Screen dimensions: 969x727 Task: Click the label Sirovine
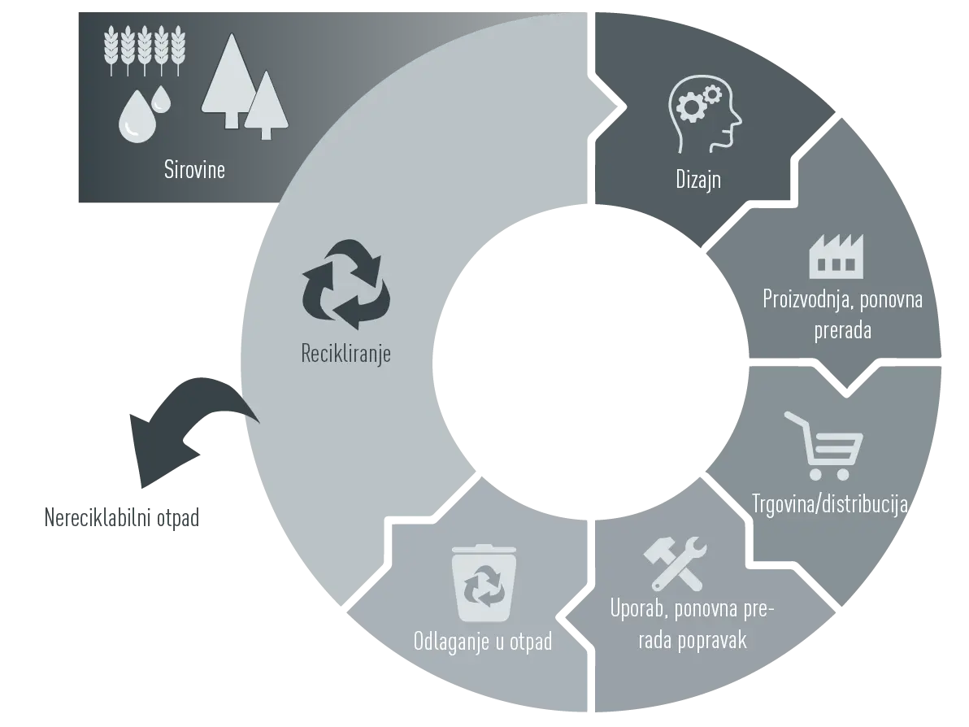(x=194, y=169)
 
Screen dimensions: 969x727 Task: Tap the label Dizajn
(x=698, y=179)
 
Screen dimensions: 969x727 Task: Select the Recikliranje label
(x=345, y=354)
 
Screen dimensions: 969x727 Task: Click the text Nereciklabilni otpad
(x=122, y=517)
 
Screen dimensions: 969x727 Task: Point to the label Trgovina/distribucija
(x=829, y=504)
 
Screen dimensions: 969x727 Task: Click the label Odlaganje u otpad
(x=483, y=641)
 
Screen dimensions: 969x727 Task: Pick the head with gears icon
(x=705, y=115)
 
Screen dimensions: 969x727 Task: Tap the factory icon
(x=836, y=256)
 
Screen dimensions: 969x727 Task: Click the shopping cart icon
(x=823, y=446)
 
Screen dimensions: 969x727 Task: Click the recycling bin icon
(x=484, y=582)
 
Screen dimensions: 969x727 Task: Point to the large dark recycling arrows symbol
(x=346, y=285)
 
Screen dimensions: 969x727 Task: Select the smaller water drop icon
(x=161, y=99)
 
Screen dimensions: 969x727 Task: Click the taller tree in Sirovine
(x=231, y=81)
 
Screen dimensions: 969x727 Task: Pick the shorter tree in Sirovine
(x=267, y=104)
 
